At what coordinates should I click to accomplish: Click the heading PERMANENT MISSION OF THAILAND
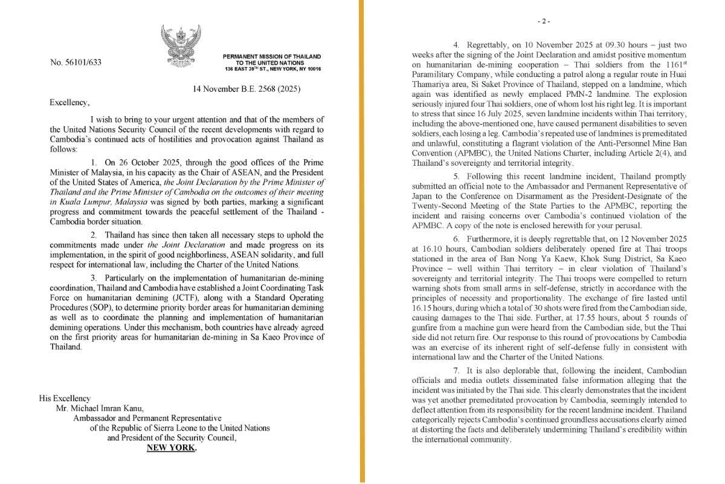pos(272,57)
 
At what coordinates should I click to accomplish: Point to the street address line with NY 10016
pos(272,69)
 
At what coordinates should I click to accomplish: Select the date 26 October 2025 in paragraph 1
pos(141,163)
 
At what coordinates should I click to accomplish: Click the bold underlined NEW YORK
pos(171,447)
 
